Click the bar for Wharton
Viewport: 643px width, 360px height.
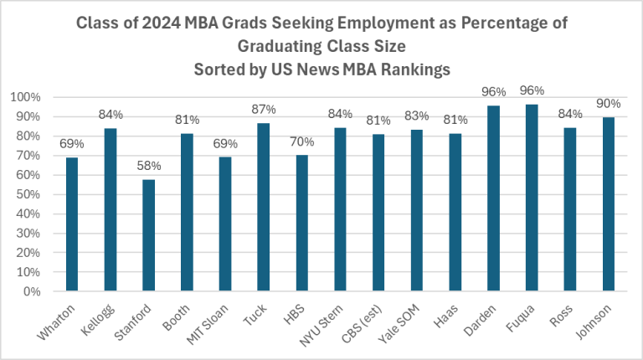click(72, 224)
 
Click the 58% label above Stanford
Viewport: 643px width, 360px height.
click(148, 165)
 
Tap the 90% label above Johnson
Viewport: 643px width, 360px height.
click(609, 103)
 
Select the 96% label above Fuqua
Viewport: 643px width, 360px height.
click(532, 90)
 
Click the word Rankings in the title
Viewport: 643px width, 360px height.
click(415, 70)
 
